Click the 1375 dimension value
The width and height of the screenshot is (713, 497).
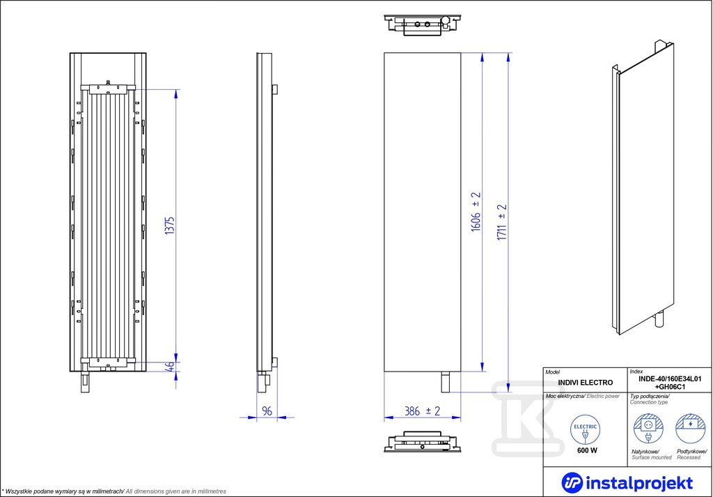pos(170,225)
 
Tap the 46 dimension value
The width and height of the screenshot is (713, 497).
pos(170,367)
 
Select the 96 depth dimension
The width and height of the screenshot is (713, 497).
pos(267,411)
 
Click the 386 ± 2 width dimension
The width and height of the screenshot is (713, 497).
pos(423,411)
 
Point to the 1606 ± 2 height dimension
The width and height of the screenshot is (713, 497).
pos(476,212)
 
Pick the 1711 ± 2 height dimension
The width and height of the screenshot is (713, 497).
pos(501,222)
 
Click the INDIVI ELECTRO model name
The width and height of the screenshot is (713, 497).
pos(585,383)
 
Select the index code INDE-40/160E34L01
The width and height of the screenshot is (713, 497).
pos(671,379)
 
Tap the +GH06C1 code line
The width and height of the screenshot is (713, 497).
pos(671,387)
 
